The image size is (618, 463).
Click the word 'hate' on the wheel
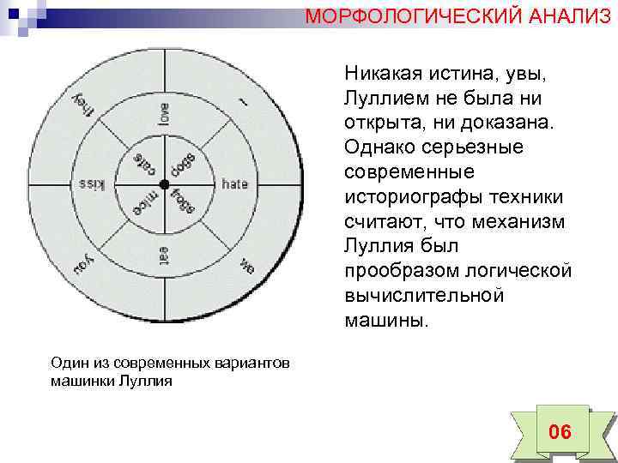pyautogui.click(x=234, y=183)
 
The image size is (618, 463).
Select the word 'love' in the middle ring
pyautogui.click(x=163, y=113)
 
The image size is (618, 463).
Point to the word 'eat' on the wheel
pyautogui.click(x=163, y=255)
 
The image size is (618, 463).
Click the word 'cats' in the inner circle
pyautogui.click(x=140, y=162)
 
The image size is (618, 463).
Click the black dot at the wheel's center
pyautogui.click(x=162, y=184)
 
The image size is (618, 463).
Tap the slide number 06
pyautogui.click(x=560, y=431)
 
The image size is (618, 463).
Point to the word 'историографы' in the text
pyautogui.click(x=412, y=197)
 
